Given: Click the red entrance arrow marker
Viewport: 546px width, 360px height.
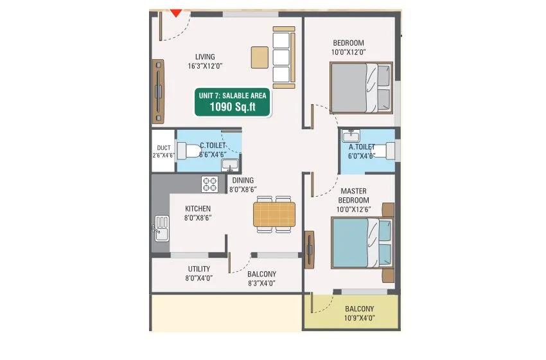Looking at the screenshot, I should (x=175, y=12).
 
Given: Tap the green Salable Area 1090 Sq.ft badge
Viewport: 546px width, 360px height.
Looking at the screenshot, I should (x=233, y=102).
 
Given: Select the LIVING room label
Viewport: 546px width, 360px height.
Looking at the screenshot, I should (x=201, y=57).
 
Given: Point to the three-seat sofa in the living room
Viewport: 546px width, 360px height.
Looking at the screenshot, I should (x=283, y=57).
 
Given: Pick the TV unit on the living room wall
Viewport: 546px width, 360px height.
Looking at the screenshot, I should (x=158, y=92).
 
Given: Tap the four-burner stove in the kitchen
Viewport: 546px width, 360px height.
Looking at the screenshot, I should (x=210, y=184).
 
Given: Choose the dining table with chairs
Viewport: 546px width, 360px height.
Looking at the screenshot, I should (x=274, y=214).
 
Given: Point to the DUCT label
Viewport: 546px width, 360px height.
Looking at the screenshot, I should (x=163, y=147).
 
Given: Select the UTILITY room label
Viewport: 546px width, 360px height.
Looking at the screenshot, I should (x=198, y=269).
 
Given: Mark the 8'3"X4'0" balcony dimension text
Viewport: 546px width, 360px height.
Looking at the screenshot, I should (x=261, y=283).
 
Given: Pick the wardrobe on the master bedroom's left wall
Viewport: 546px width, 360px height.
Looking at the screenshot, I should (x=311, y=251).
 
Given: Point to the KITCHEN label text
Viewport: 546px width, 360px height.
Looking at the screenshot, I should (x=198, y=209).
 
